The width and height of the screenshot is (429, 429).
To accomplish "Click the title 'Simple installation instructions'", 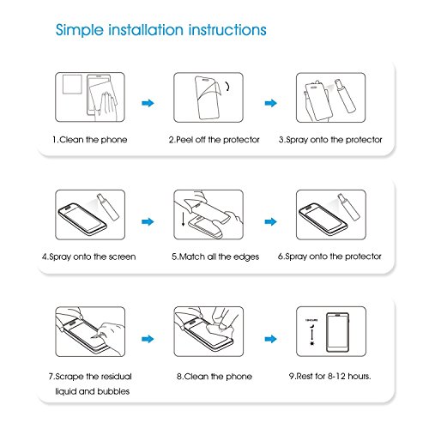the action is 161,30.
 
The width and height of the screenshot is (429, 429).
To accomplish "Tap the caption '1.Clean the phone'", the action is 90,140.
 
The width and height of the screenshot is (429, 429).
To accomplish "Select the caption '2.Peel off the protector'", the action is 214,140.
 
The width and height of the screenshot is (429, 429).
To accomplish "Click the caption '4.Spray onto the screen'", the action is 89,257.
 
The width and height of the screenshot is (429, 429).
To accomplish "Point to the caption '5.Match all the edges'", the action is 215,257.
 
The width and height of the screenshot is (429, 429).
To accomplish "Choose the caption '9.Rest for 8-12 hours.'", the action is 329,376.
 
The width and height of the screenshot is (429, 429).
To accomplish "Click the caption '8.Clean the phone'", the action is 214,376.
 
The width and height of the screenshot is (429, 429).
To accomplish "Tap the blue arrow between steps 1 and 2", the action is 148,103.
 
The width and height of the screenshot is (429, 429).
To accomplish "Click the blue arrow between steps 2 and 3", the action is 271,103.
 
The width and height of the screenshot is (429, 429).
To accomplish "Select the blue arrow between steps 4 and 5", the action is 148,221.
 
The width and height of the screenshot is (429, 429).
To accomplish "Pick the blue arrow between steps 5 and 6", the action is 271,221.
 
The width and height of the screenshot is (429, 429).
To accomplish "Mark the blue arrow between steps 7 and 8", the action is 148,339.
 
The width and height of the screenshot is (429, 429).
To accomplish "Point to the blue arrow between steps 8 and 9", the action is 271,339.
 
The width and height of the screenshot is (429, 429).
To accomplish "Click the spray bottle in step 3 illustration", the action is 345,96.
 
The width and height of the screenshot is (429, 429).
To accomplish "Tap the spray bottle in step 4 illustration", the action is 108,207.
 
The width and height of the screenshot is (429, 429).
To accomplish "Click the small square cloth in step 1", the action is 72,84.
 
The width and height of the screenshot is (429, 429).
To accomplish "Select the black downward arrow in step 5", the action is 183,219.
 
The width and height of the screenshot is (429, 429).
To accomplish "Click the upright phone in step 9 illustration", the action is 338,332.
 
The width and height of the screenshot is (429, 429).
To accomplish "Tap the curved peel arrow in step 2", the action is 227,86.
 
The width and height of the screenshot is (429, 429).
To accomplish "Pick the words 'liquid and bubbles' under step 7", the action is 93,391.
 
